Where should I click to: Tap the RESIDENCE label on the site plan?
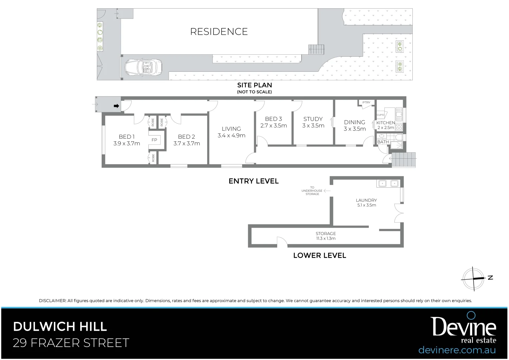click(219, 32)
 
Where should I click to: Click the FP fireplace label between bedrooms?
click(154, 140)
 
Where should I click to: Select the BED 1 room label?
click(127, 137)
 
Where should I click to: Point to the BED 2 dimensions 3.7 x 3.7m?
click(187, 144)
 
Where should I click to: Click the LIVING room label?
click(231, 129)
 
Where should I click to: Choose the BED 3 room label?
click(273, 119)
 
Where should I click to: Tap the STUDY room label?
click(313, 119)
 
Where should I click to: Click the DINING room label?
click(354, 122)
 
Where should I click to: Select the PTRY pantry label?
click(366, 103)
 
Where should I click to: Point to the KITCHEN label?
click(385, 123)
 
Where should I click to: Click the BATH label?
click(383, 142)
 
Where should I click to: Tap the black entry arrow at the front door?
click(116, 106)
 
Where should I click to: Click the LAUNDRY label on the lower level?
click(366, 200)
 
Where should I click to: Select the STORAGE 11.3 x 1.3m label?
click(325, 236)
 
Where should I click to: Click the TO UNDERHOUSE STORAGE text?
click(312, 191)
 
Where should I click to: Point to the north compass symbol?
click(473, 278)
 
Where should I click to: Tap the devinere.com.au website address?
click(457, 350)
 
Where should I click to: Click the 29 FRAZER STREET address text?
click(71, 343)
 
